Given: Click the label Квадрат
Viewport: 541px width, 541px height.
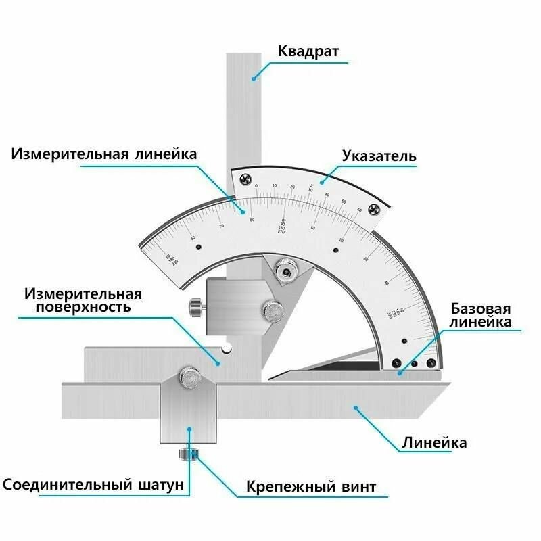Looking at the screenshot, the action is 308,51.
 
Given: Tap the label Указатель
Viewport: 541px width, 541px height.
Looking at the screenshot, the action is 379,156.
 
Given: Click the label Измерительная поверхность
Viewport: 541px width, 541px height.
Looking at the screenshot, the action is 83,300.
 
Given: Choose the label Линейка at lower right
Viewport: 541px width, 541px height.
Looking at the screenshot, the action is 434,444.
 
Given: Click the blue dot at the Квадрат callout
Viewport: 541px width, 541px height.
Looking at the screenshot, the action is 254,79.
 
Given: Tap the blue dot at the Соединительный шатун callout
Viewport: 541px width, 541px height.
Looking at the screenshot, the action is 189,429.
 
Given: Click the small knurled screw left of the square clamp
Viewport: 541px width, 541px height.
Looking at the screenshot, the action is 196,307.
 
